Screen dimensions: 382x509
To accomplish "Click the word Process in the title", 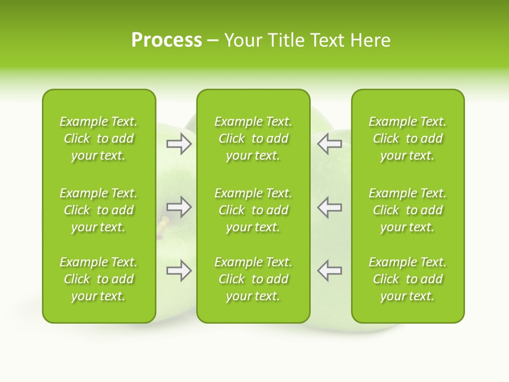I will coord(166,40).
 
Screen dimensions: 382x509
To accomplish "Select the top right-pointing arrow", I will coord(179,144).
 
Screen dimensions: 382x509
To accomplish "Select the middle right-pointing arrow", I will coord(179,207).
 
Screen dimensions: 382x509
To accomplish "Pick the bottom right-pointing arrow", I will coord(179,271).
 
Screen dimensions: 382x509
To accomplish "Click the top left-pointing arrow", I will coord(329,144).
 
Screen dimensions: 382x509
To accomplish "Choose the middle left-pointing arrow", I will coord(329,207).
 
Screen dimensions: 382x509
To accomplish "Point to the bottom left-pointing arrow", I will coord(329,271).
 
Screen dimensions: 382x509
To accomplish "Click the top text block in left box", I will coord(99,138).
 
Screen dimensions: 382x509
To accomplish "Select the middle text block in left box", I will coord(99,210).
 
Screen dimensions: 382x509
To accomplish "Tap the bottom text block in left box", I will coord(99,279).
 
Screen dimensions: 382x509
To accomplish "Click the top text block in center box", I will coord(253,138).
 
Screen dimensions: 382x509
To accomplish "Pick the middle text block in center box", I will coord(253,210).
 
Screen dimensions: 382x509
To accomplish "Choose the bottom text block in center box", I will coord(253,279).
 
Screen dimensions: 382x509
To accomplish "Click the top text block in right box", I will coord(407,138).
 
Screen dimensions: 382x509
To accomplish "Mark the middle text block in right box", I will coord(407,210).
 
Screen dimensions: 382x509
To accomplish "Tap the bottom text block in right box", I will coord(407,279).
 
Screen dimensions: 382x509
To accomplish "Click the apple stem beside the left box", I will coord(163,223).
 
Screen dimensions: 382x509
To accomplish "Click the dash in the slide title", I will coord(213,41).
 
